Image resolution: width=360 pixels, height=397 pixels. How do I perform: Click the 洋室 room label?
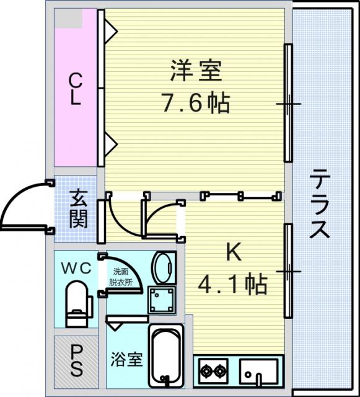[196, 70]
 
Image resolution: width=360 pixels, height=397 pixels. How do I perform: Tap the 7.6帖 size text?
[196, 103]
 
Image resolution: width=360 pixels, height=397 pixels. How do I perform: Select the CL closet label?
[75, 89]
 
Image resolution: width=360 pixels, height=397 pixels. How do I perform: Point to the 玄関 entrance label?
[79, 208]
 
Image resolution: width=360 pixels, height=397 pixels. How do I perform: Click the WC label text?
[76, 269]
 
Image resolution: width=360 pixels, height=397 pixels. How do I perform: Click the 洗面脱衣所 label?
[121, 277]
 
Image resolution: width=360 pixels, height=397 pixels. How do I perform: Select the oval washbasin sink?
[164, 268]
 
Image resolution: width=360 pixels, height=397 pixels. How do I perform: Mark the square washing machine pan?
[162, 300]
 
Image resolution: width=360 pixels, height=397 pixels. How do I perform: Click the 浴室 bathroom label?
[126, 359]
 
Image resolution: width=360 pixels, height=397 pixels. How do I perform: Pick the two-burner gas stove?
[213, 371]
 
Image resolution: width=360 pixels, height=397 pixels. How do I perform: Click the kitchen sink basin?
[258, 371]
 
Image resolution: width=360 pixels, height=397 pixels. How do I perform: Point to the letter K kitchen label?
[234, 252]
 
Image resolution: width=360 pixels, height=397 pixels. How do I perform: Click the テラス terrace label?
[319, 204]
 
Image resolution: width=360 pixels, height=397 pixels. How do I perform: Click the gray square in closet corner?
[68, 18]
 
